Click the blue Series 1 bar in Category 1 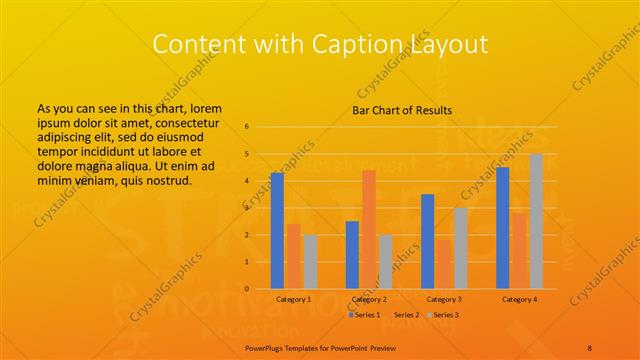click(277, 231)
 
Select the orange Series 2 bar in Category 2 click(369, 229)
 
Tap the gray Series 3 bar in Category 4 click(536, 221)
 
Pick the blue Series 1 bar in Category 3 click(428, 241)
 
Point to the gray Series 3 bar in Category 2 click(386, 261)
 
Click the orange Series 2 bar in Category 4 click(519, 250)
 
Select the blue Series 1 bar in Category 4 click(502, 227)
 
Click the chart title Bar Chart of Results click(401, 110)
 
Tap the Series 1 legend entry click(364, 315)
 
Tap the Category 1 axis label click(293, 299)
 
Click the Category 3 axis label click(444, 299)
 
